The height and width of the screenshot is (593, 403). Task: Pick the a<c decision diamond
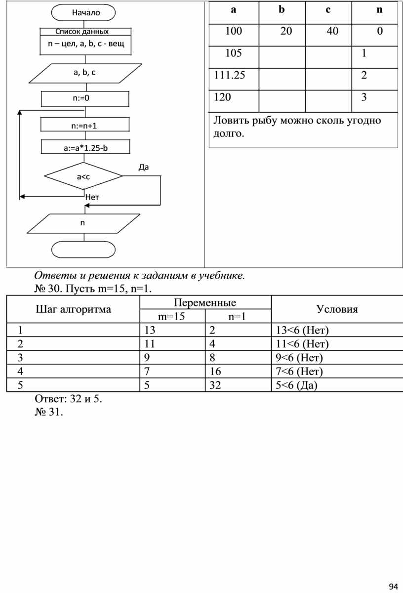(83, 176)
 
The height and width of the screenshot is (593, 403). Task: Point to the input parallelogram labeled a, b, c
(84, 73)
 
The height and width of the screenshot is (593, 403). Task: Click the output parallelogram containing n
(82, 223)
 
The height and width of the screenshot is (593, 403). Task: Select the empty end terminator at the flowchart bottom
(83, 250)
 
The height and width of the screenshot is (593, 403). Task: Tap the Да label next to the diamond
(143, 167)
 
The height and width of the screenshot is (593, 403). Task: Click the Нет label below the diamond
(92, 197)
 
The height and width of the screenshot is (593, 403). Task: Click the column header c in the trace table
(328, 10)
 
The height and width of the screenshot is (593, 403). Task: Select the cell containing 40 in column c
(332, 32)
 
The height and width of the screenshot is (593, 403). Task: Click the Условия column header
(337, 309)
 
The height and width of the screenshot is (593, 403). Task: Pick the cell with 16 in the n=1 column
(215, 372)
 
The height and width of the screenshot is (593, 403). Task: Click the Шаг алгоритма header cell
(73, 309)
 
